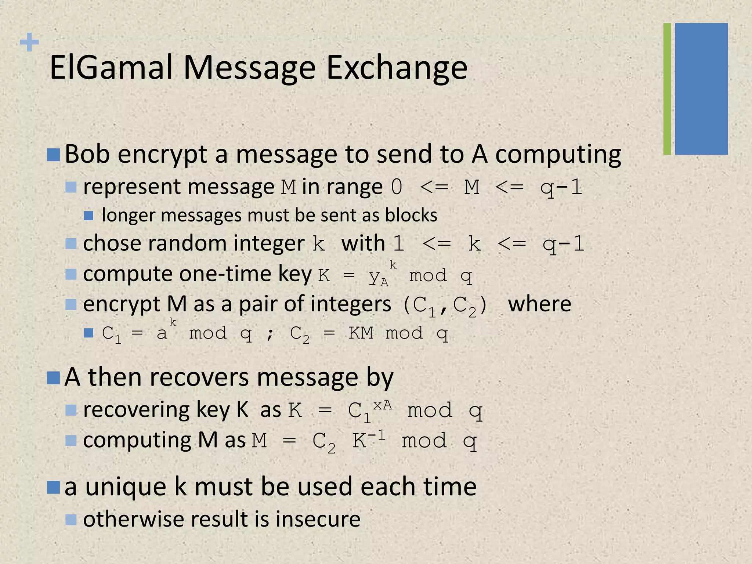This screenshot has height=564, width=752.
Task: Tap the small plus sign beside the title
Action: pos(29,42)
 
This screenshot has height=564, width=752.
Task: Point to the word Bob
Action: pos(87,154)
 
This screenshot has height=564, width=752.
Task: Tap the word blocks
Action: pos(411,215)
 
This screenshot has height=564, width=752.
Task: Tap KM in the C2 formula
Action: pos(361,333)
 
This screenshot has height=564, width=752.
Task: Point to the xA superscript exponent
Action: pos(383,405)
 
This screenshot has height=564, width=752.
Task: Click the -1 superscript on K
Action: pos(377,435)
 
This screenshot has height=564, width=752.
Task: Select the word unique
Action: pos(126,487)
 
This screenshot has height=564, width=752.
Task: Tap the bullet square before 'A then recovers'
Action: pos(54,377)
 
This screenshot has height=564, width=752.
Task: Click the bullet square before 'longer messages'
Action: pos(88,216)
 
